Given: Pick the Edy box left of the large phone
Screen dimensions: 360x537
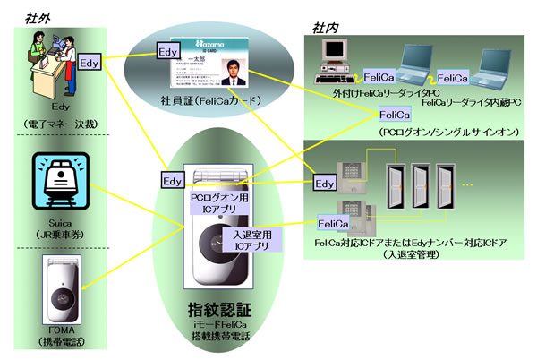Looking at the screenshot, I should click(x=174, y=181).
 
